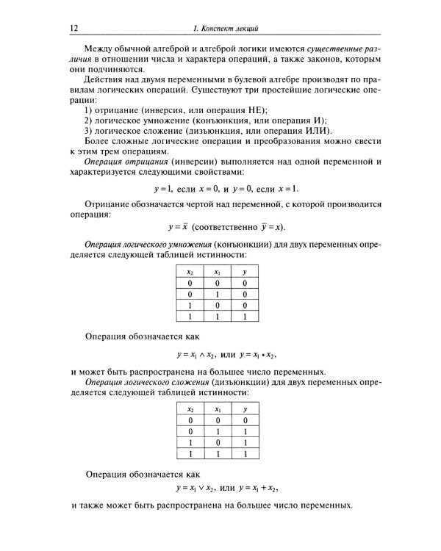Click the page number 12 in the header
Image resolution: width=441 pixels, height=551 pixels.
pos(73,29)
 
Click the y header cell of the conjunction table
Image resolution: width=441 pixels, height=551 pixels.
pos(244,272)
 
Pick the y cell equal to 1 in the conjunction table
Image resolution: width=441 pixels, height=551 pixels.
pos(244,317)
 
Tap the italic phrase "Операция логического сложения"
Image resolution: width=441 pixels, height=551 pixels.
pos(147,382)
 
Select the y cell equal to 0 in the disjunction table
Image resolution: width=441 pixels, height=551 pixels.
pos(244,420)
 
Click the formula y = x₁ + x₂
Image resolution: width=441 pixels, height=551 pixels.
pos(257,487)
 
